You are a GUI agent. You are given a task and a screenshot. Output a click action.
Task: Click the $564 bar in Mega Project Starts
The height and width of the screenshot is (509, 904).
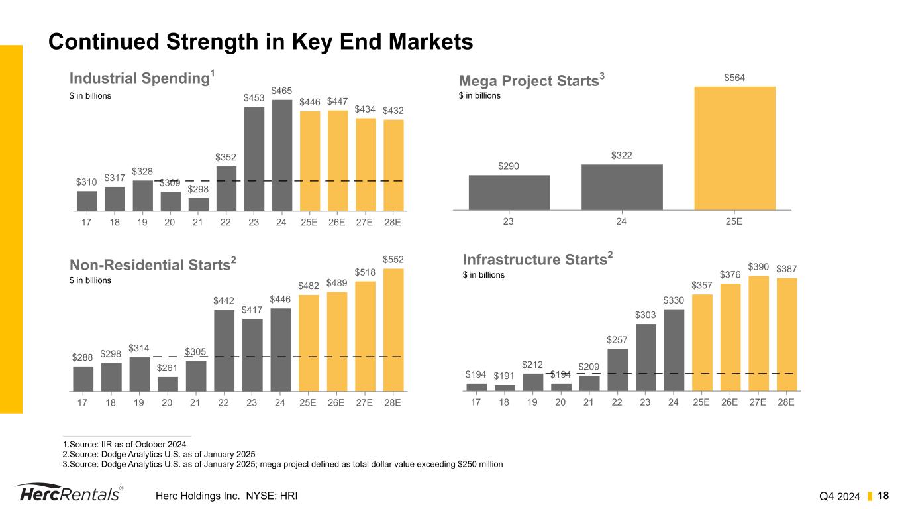[x=734, y=148]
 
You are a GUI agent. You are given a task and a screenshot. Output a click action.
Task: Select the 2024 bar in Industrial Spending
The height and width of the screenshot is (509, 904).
[x=282, y=155]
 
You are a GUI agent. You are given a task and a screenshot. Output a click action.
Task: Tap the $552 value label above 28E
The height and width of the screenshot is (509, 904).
[x=393, y=259]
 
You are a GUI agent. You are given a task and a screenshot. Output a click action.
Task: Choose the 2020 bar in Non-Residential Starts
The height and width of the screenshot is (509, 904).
[x=168, y=384]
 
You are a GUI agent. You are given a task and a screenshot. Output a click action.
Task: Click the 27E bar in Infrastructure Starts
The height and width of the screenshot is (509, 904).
[x=758, y=333]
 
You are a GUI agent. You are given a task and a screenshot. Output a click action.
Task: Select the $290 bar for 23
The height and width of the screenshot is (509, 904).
[x=509, y=192]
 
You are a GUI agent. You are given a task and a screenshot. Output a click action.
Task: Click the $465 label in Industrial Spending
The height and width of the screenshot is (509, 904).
[x=282, y=90]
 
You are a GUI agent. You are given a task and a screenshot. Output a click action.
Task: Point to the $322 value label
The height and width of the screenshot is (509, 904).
[x=621, y=156]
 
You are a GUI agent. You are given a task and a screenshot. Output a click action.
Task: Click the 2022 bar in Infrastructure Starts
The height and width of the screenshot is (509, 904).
[x=617, y=370]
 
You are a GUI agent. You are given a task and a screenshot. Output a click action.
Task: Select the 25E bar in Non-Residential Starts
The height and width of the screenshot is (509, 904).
[x=309, y=343]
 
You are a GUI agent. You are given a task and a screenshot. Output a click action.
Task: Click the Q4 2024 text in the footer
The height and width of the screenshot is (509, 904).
[x=840, y=496]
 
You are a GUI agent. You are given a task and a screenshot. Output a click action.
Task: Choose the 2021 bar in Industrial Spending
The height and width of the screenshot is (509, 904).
[x=198, y=204]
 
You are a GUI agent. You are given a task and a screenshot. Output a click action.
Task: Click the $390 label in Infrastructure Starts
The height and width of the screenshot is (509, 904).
[x=758, y=266]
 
